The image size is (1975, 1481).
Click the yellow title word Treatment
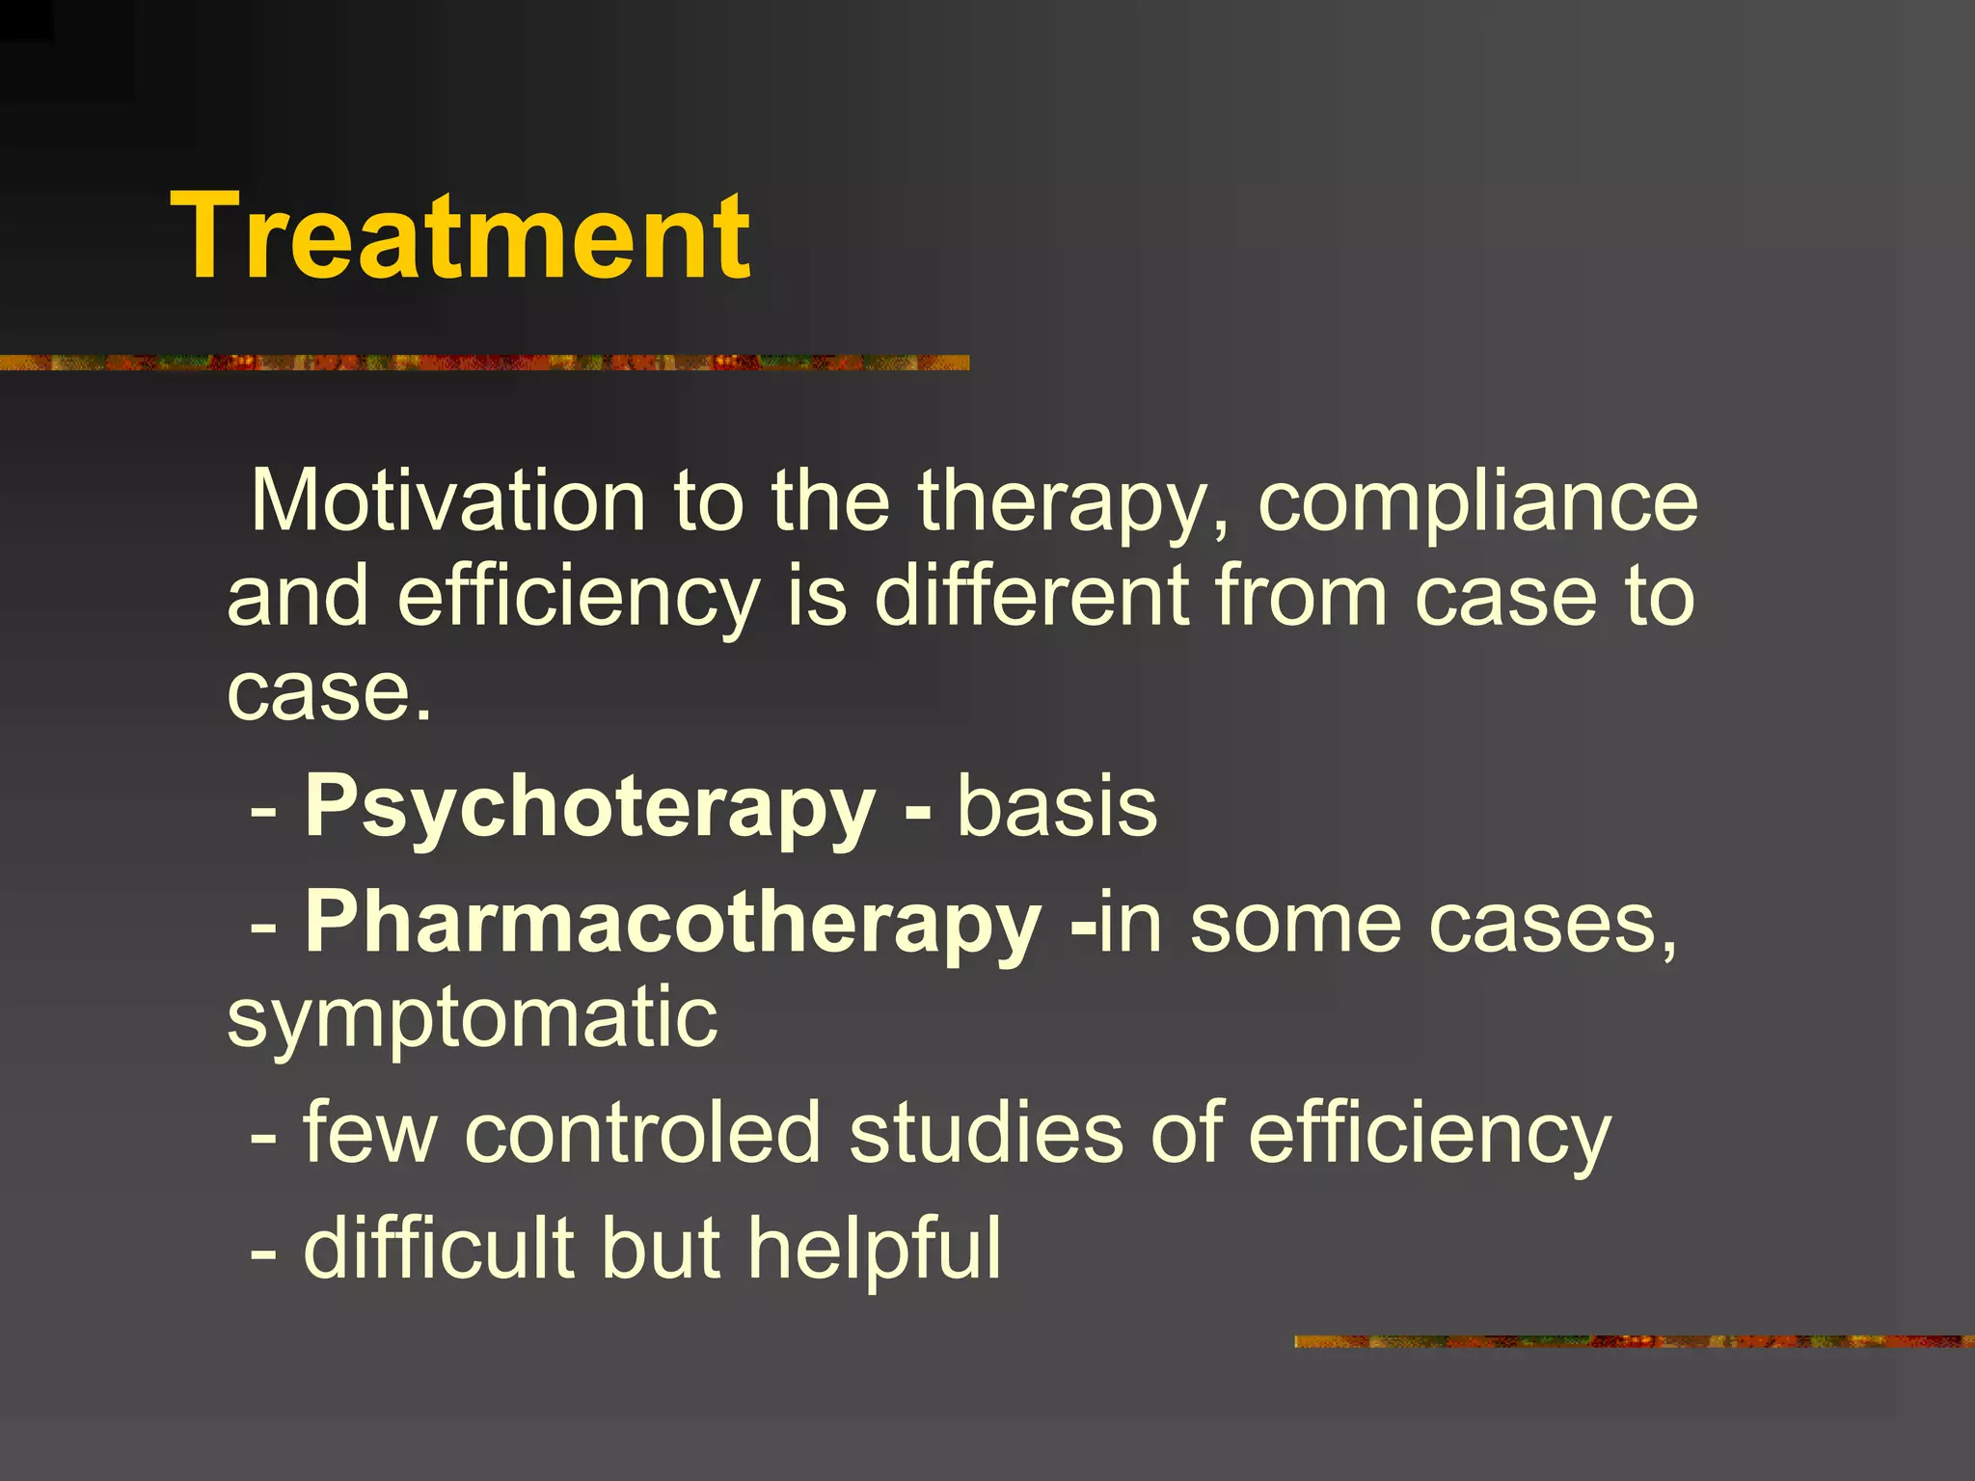point(460,236)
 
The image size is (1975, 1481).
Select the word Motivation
point(447,501)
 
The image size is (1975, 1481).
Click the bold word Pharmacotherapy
point(673,924)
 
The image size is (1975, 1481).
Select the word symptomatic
point(473,1018)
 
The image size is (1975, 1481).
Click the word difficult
point(439,1248)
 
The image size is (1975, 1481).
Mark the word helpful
point(875,1250)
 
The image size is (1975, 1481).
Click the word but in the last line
point(661,1248)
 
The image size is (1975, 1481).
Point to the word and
point(298,596)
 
